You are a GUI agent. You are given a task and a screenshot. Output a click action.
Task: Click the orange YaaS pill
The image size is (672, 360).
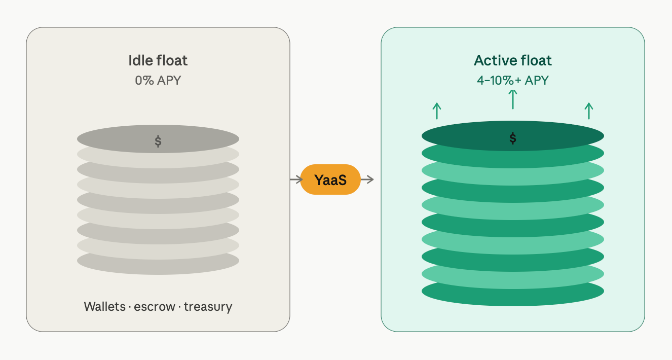pyautogui.click(x=330, y=179)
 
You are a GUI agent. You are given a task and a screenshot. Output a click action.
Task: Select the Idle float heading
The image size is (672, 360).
pyautogui.click(x=158, y=61)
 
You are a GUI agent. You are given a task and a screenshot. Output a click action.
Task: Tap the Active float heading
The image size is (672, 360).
pyautogui.click(x=512, y=61)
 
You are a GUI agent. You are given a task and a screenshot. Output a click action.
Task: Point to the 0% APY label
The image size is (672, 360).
pyautogui.click(x=158, y=80)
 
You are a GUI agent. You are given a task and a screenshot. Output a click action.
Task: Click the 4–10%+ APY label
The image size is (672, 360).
pyautogui.click(x=512, y=80)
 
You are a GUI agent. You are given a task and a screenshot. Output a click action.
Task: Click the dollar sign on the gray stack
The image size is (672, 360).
pyautogui.click(x=158, y=141)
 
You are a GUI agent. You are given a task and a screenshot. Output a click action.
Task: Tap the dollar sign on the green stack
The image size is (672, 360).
pyautogui.click(x=513, y=138)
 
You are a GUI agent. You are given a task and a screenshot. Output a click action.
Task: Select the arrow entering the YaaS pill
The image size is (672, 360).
pyautogui.click(x=295, y=179)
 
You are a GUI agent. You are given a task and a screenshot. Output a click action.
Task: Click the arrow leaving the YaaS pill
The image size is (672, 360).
pyautogui.click(x=367, y=179)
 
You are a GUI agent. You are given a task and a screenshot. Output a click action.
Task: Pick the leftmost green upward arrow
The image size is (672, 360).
pyautogui.click(x=437, y=111)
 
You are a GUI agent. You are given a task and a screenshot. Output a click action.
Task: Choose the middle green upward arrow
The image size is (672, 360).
pyautogui.click(x=513, y=99)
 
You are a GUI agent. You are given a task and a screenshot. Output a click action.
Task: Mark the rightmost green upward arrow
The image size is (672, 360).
pyautogui.click(x=588, y=111)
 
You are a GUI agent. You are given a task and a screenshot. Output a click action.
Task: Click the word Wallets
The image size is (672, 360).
pyautogui.click(x=104, y=307)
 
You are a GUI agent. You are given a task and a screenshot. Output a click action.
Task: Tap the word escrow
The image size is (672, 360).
pyautogui.click(x=154, y=307)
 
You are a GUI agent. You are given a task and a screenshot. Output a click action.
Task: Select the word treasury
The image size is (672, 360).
pyautogui.click(x=208, y=307)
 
